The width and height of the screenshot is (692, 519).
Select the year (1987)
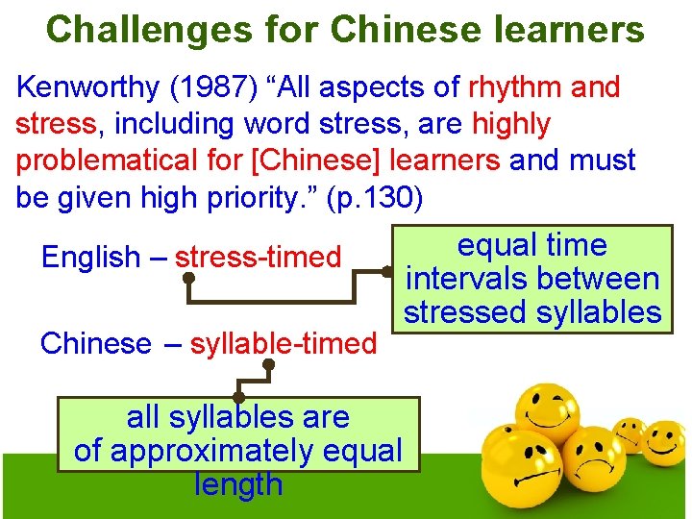coord(221,87)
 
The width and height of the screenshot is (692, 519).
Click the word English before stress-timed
coord(90,258)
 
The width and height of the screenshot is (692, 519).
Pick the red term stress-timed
coord(258,258)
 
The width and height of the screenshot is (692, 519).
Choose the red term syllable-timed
coord(284,343)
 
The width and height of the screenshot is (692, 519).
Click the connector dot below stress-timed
coord(189,279)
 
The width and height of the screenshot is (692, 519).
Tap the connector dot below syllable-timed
coord(269,364)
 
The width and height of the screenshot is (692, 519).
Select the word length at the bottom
coord(238,483)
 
